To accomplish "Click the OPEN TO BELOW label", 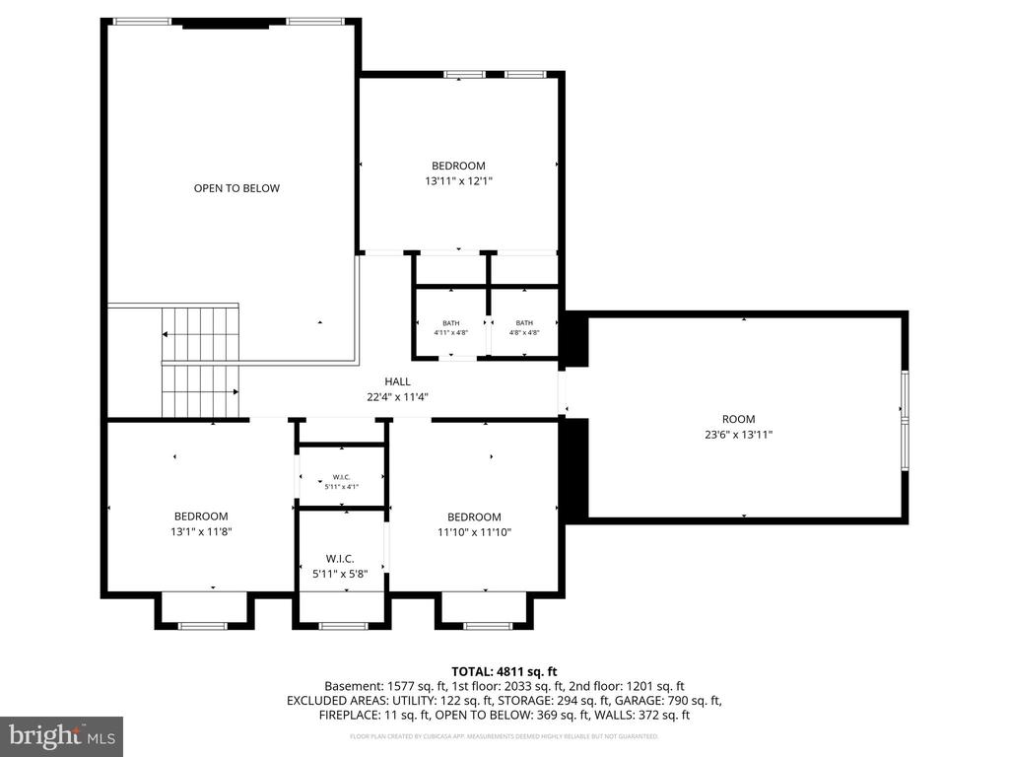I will tap(236, 188).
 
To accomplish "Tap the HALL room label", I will tap(397, 381).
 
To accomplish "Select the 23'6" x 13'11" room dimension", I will tap(738, 434).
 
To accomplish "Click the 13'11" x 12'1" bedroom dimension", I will tap(458, 180).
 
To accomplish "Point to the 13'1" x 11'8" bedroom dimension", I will tap(201, 531).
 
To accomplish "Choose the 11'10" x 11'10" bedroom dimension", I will tap(474, 532).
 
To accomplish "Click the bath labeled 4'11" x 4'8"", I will tap(450, 328).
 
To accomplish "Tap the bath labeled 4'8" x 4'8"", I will tap(524, 328).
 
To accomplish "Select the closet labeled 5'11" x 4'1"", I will tap(341, 482).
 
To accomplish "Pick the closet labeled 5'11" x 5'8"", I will tap(341, 566).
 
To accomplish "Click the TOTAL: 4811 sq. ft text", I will tap(504, 671).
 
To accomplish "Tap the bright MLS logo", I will tap(61, 736).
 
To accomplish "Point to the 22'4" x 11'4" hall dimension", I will tap(397, 397).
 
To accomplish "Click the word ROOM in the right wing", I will tap(738, 419).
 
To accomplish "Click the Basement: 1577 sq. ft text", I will tap(379, 686).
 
